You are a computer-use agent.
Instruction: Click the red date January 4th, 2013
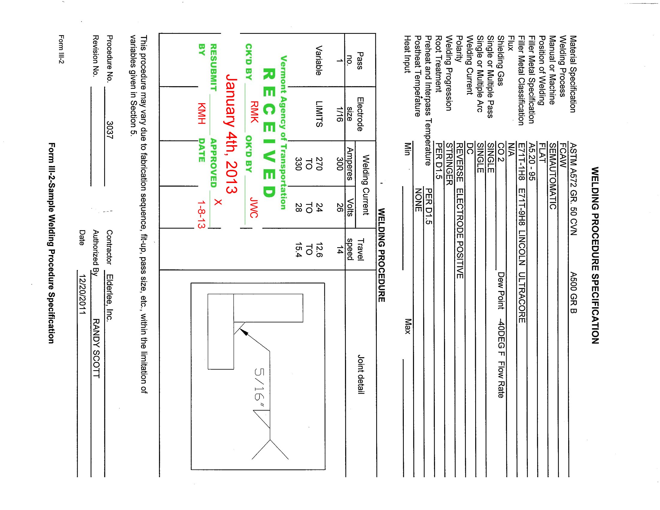point(231,133)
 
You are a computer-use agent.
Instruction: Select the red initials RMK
point(254,112)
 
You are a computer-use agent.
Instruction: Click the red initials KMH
point(202,114)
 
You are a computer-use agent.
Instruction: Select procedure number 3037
point(109,130)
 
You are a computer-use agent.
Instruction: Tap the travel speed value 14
point(340,250)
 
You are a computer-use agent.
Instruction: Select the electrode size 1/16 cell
point(340,114)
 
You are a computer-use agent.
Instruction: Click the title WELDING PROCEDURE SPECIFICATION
point(595,255)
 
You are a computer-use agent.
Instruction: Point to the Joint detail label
point(361,374)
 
